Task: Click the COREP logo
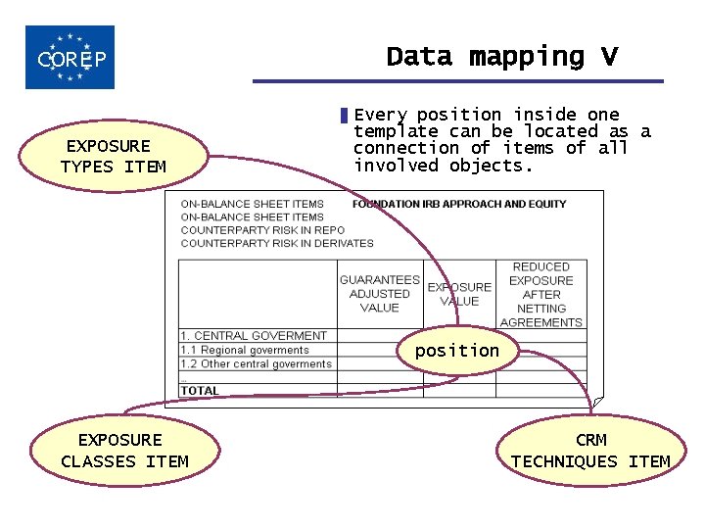pos(70,58)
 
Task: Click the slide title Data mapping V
pos(501,57)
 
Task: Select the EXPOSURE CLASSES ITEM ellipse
pos(123,451)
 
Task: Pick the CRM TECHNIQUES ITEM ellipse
pos(590,451)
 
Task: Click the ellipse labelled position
pos(456,351)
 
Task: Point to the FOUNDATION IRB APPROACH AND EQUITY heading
pos(459,204)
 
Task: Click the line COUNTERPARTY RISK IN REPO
pos(262,230)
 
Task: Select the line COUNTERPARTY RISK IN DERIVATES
pos(277,243)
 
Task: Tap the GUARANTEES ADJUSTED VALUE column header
pos(379,293)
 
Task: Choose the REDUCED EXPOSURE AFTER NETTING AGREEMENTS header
pos(540,294)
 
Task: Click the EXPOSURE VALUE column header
pos(459,294)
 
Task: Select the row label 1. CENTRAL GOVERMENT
pos(254,336)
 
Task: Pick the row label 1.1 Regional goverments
pos(245,350)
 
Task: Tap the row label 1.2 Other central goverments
pos(257,363)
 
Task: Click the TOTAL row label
pos(200,391)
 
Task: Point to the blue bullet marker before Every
pos(344,116)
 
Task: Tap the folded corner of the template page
pos(598,402)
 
